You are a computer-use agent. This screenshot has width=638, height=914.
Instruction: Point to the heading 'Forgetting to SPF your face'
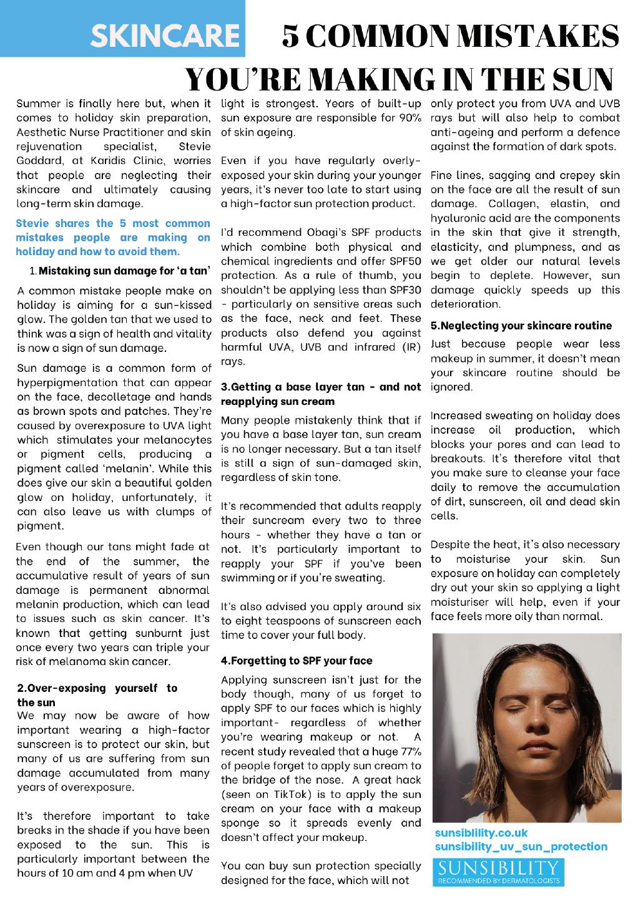(296, 661)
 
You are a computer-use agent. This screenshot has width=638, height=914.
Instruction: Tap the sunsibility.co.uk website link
(481, 833)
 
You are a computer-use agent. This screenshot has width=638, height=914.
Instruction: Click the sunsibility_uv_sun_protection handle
(521, 847)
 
